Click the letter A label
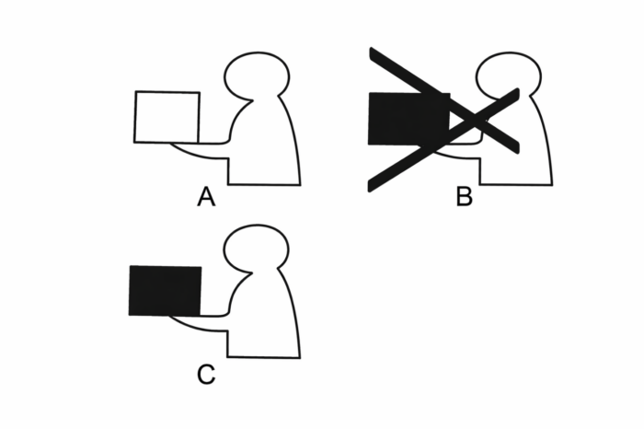pos(206,197)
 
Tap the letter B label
pos(464,196)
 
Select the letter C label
pos(206,375)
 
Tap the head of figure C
pos(257,249)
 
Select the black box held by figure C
pos(165,291)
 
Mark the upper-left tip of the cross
pos(372,50)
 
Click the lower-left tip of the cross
pos(371,189)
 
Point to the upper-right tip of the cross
pos(517,90)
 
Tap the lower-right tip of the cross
pos(517,151)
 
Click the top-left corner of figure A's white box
pos(136,92)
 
